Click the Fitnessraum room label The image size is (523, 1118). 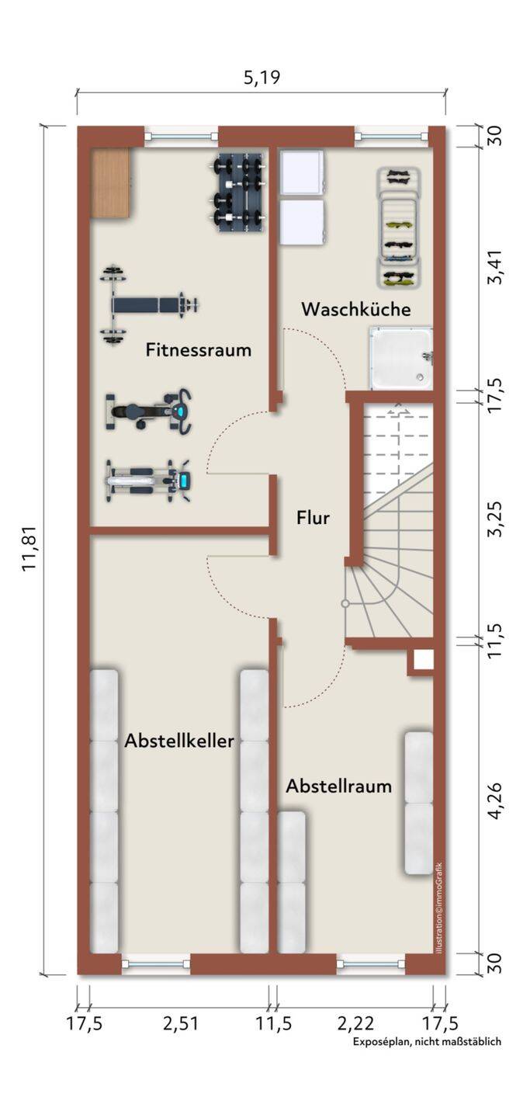pyautogui.click(x=199, y=350)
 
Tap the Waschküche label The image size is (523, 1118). pyautogui.click(x=355, y=309)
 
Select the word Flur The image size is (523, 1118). pyautogui.click(x=313, y=517)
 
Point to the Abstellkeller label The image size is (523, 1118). pyautogui.click(x=179, y=741)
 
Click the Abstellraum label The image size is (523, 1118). pyautogui.click(x=338, y=786)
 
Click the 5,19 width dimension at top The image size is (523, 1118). pyautogui.click(x=261, y=77)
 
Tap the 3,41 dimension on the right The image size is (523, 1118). pyautogui.click(x=495, y=268)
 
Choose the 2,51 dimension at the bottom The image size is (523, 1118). pyautogui.click(x=180, y=1023)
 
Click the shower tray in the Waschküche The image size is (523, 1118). pyautogui.click(x=400, y=358)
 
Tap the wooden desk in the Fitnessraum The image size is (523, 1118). pyautogui.click(x=111, y=184)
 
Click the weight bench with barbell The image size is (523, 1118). pyautogui.click(x=147, y=304)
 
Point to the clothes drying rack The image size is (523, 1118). pyautogui.click(x=400, y=227)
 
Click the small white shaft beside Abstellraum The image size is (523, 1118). pyautogui.click(x=424, y=660)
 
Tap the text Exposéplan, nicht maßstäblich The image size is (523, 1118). pyautogui.click(x=427, y=1042)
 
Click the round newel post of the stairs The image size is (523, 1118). pyautogui.click(x=345, y=603)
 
